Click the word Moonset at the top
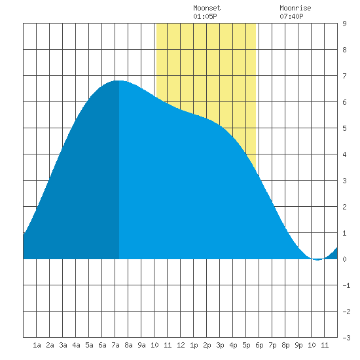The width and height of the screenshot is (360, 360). coord(207,8)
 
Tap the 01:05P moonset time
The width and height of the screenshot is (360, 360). coord(205,16)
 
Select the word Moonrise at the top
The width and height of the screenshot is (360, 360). coord(295,8)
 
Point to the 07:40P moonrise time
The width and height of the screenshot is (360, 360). coord(291,16)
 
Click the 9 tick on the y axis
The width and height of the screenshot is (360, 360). coord(344,24)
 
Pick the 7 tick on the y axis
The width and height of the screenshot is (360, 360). coord(344,76)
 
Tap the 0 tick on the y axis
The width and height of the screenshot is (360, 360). coord(344,259)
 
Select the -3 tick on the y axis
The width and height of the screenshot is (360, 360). coord(346,338)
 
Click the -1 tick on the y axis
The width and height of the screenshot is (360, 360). coord(346,285)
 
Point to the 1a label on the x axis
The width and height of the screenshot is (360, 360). coord(37,345)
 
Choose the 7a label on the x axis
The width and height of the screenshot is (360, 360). coord(115,345)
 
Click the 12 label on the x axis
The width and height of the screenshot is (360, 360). coord(181,345)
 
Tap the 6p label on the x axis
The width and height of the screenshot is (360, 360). coord(259,345)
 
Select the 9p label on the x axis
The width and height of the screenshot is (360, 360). coord(298,345)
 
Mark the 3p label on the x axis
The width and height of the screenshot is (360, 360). coord(220,345)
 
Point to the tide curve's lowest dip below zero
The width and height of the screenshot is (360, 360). coord(317,260)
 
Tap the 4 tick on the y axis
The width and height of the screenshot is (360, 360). coord(344,154)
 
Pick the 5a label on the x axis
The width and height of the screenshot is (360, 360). coord(89,345)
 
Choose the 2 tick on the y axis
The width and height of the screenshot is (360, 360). coord(344,207)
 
